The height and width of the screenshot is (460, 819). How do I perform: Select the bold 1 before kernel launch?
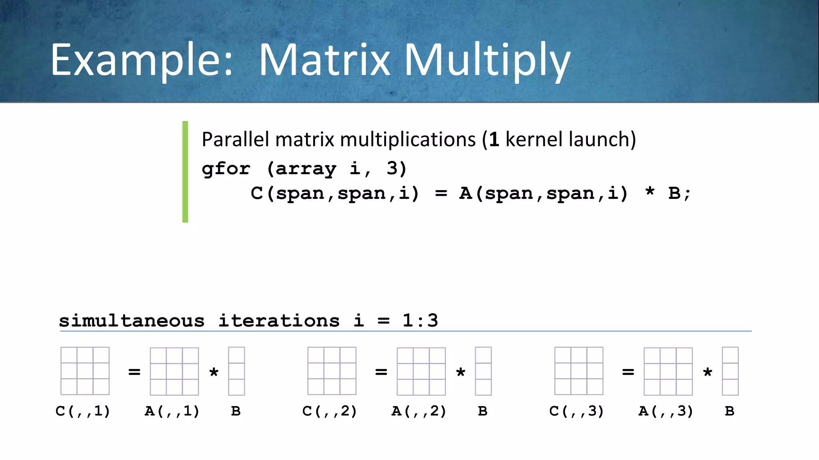click(494, 140)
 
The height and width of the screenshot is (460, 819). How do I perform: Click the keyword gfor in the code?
click(226, 169)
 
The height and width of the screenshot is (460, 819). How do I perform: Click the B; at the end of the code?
click(679, 194)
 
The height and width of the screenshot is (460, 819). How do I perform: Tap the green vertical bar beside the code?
click(185, 172)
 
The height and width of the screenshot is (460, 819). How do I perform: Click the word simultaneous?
click(132, 321)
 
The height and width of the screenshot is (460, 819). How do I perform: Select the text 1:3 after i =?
click(420, 321)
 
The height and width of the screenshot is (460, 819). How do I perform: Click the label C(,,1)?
click(83, 411)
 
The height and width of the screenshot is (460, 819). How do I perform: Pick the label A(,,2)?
click(419, 411)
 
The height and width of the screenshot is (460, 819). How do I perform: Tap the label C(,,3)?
click(577, 411)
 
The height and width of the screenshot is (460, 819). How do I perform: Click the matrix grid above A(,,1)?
click(174, 371)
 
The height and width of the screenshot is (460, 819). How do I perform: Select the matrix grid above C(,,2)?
click(332, 371)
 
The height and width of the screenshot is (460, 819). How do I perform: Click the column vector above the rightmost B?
click(730, 371)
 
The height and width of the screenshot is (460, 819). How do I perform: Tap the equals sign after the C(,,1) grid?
click(134, 372)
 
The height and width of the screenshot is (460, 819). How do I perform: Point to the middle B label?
click(483, 411)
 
